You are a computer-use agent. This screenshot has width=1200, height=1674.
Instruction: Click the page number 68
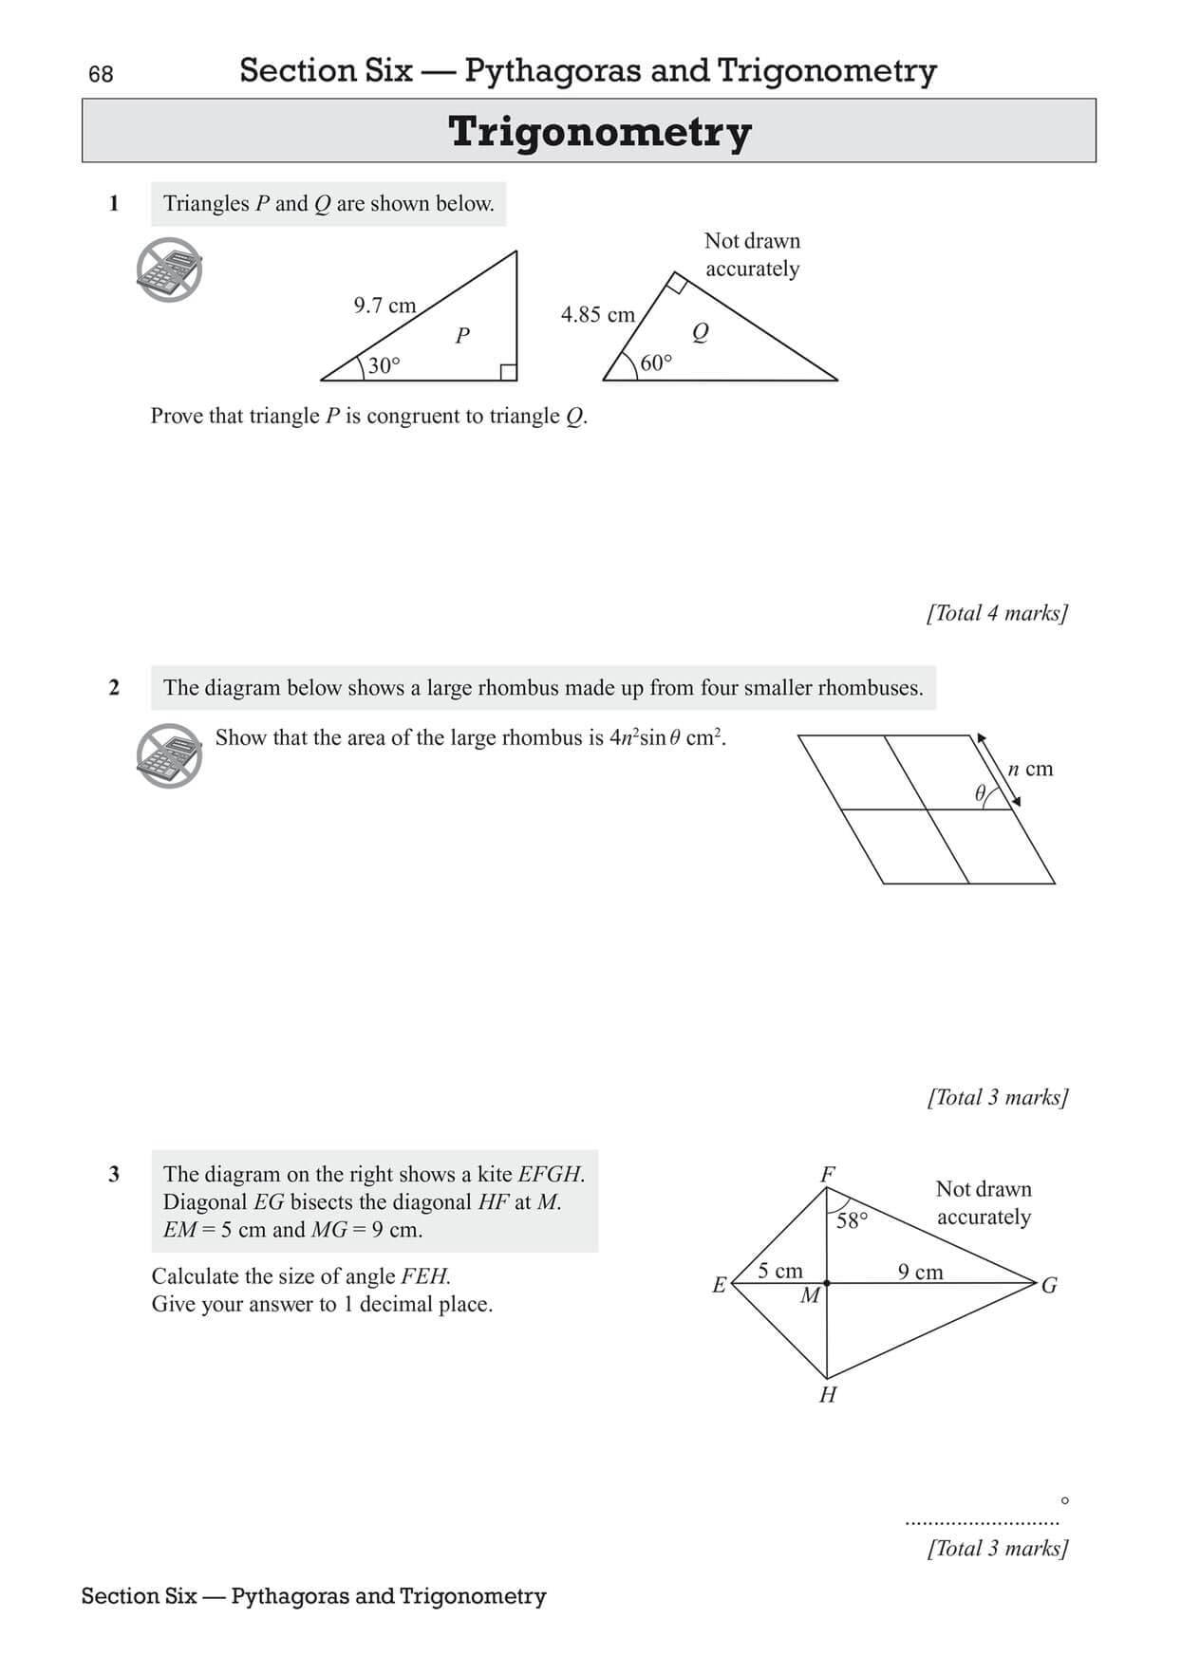100,74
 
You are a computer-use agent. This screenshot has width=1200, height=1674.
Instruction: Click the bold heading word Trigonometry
599,132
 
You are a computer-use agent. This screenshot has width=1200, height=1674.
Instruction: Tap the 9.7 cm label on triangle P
384,306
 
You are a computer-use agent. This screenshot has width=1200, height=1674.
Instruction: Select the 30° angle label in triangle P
384,365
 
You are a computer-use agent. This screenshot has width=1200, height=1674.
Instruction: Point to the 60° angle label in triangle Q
656,363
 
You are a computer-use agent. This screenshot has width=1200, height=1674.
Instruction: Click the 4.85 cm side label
597,315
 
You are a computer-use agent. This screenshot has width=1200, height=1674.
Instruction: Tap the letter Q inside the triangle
701,332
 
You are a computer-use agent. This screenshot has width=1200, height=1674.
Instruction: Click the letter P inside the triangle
462,335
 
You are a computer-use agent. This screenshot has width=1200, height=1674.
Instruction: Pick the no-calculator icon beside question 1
169,270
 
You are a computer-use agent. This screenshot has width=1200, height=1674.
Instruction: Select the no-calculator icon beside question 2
169,755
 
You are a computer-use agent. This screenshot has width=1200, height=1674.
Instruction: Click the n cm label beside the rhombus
1030,769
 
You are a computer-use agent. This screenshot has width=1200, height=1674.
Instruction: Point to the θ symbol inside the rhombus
981,793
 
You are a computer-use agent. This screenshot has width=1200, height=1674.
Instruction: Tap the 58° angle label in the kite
852,1220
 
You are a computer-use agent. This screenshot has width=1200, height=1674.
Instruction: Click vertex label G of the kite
1049,1286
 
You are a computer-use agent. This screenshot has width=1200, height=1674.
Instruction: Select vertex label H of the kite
828,1395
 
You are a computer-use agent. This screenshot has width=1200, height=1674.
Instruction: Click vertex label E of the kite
719,1286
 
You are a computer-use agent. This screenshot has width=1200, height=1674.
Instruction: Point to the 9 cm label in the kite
920,1272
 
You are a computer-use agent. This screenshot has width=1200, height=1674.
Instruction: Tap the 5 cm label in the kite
779,1271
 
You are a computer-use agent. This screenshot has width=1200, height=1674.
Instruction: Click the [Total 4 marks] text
997,613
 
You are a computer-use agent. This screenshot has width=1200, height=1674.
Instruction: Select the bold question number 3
114,1174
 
